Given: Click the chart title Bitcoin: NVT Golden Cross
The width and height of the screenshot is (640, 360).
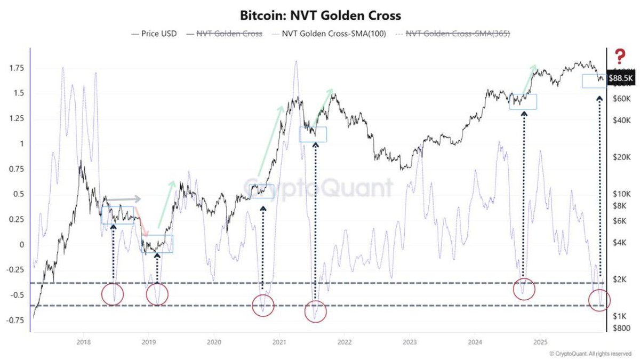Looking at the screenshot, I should point(320,14).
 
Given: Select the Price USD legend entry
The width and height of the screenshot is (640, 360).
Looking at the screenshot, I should point(155,34).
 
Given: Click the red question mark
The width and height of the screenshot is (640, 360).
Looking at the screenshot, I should point(620,55).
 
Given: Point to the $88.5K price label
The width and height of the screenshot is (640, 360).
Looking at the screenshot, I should point(621,78).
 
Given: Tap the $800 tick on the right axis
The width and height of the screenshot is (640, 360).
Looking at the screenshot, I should point(620,328).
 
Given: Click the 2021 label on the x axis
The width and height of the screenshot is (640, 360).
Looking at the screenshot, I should point(279,341).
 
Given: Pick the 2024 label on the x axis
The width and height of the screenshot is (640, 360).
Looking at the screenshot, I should point(475,341).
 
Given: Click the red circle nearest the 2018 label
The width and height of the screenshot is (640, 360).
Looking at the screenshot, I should point(113,294).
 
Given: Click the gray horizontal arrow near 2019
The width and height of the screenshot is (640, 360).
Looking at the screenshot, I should point(124,199).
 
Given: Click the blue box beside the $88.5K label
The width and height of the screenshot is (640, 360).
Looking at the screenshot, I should point(593,81).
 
